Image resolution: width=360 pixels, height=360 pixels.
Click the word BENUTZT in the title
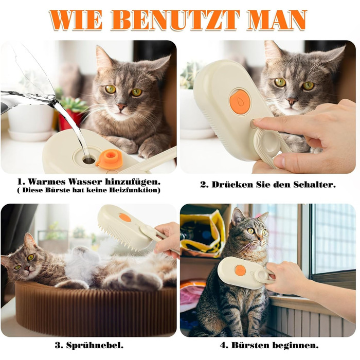tap(175, 20)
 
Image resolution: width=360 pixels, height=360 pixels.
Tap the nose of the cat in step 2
tap(292, 102)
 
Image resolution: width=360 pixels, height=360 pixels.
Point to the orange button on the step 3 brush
tap(125, 218)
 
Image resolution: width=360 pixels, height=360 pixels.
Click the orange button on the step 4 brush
tap(240, 270)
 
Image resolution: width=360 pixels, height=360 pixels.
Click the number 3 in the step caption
tap(59, 345)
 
